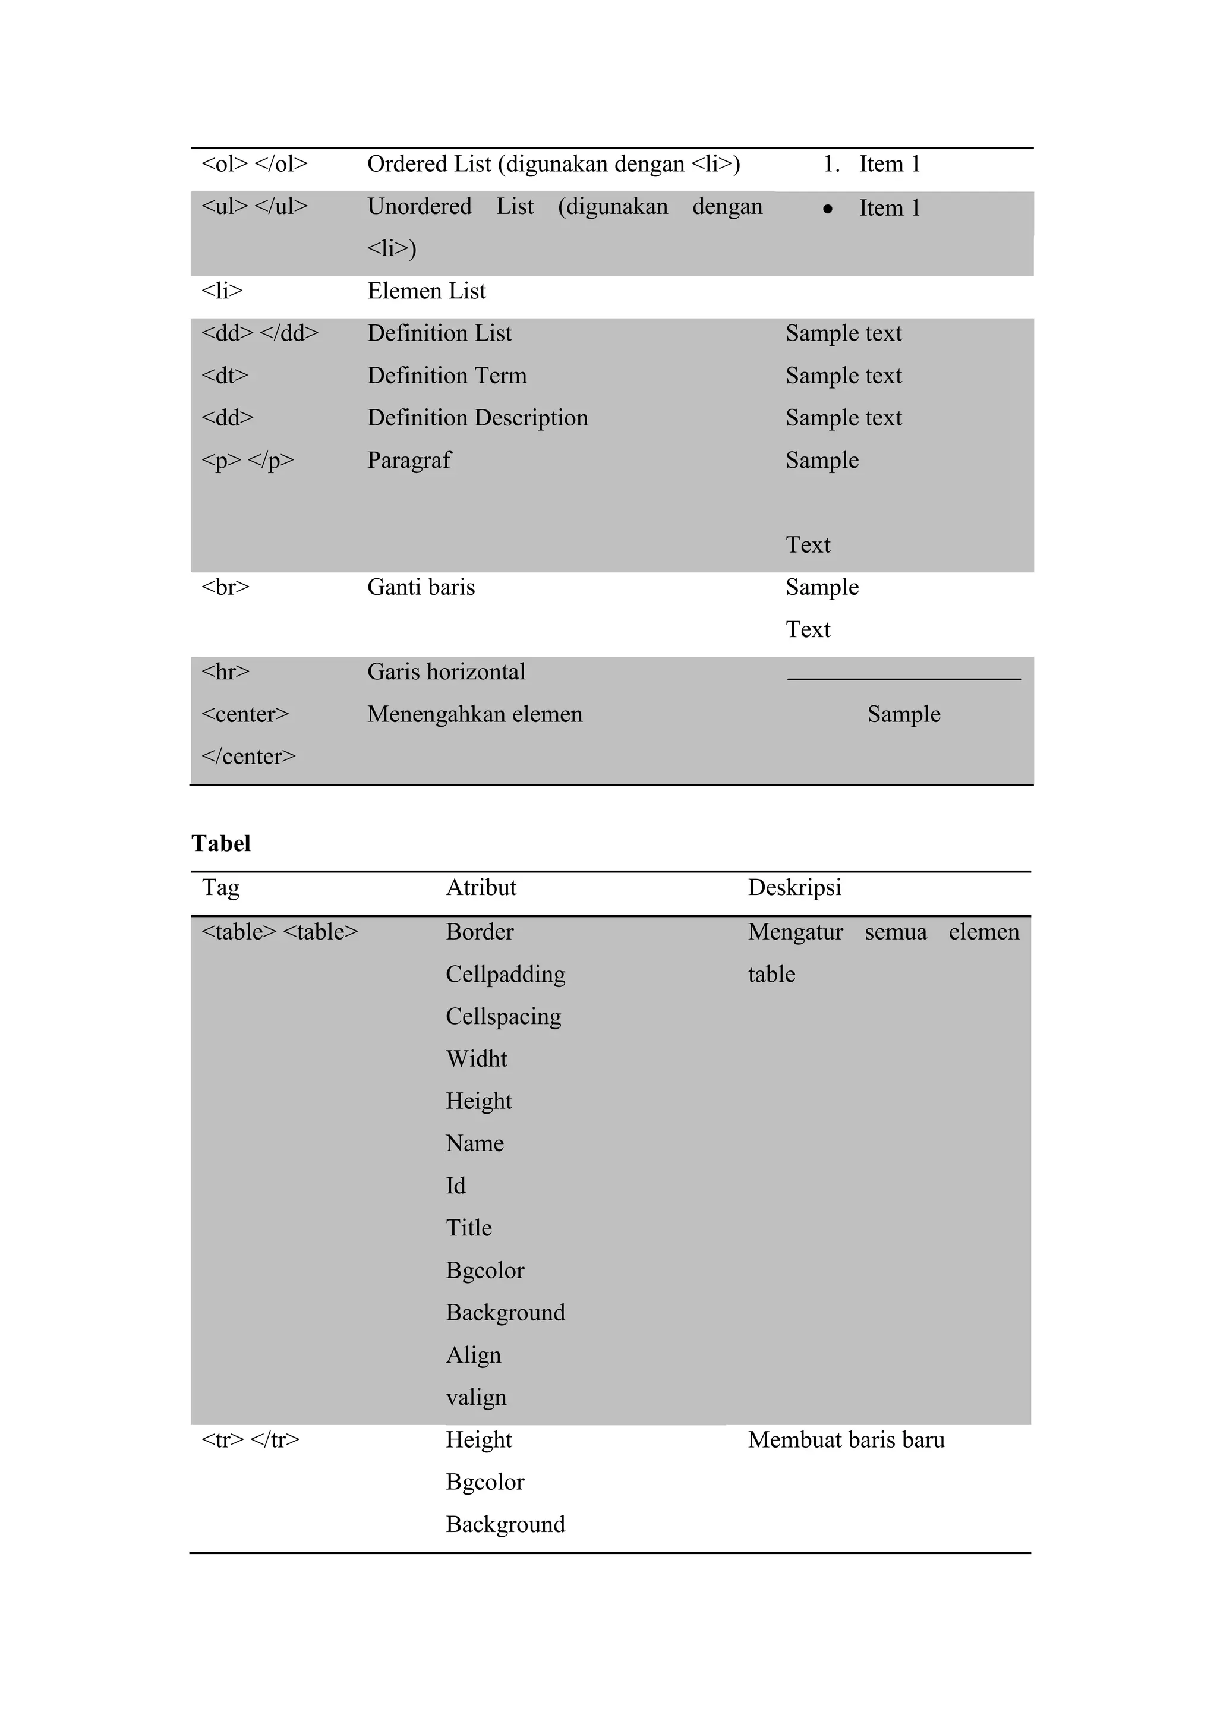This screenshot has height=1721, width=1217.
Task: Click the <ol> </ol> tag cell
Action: click(254, 164)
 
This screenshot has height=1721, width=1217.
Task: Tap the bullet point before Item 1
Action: click(827, 209)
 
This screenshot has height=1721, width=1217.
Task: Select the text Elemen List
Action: click(427, 291)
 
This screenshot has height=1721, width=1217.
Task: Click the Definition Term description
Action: click(447, 376)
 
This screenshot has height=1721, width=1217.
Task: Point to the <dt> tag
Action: click(224, 376)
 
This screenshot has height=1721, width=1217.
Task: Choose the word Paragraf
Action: click(409, 460)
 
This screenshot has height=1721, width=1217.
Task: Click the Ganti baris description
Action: click(421, 587)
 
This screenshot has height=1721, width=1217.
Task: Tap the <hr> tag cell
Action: click(225, 672)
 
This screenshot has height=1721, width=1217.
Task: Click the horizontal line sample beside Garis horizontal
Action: click(904, 678)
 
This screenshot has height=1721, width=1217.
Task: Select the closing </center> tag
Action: click(248, 757)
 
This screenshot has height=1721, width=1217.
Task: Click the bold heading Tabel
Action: click(221, 844)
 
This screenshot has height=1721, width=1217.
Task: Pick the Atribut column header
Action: click(481, 887)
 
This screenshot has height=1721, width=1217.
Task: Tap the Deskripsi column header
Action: click(794, 887)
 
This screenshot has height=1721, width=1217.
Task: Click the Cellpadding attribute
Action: click(505, 975)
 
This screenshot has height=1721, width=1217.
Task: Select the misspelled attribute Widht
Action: click(477, 1059)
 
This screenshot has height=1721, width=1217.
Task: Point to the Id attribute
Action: click(456, 1186)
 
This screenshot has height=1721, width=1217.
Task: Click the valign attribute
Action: click(476, 1397)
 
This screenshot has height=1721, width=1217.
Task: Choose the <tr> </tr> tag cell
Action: click(250, 1440)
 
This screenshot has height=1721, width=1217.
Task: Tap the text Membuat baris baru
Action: click(846, 1440)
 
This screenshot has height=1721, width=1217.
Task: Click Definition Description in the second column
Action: click(477, 418)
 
